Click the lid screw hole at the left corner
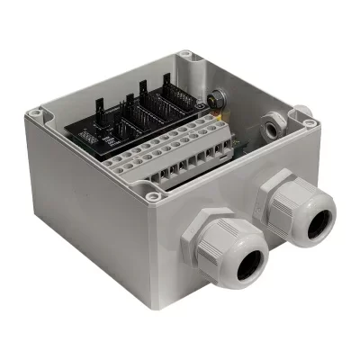(35, 114)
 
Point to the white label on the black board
(89, 134)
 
